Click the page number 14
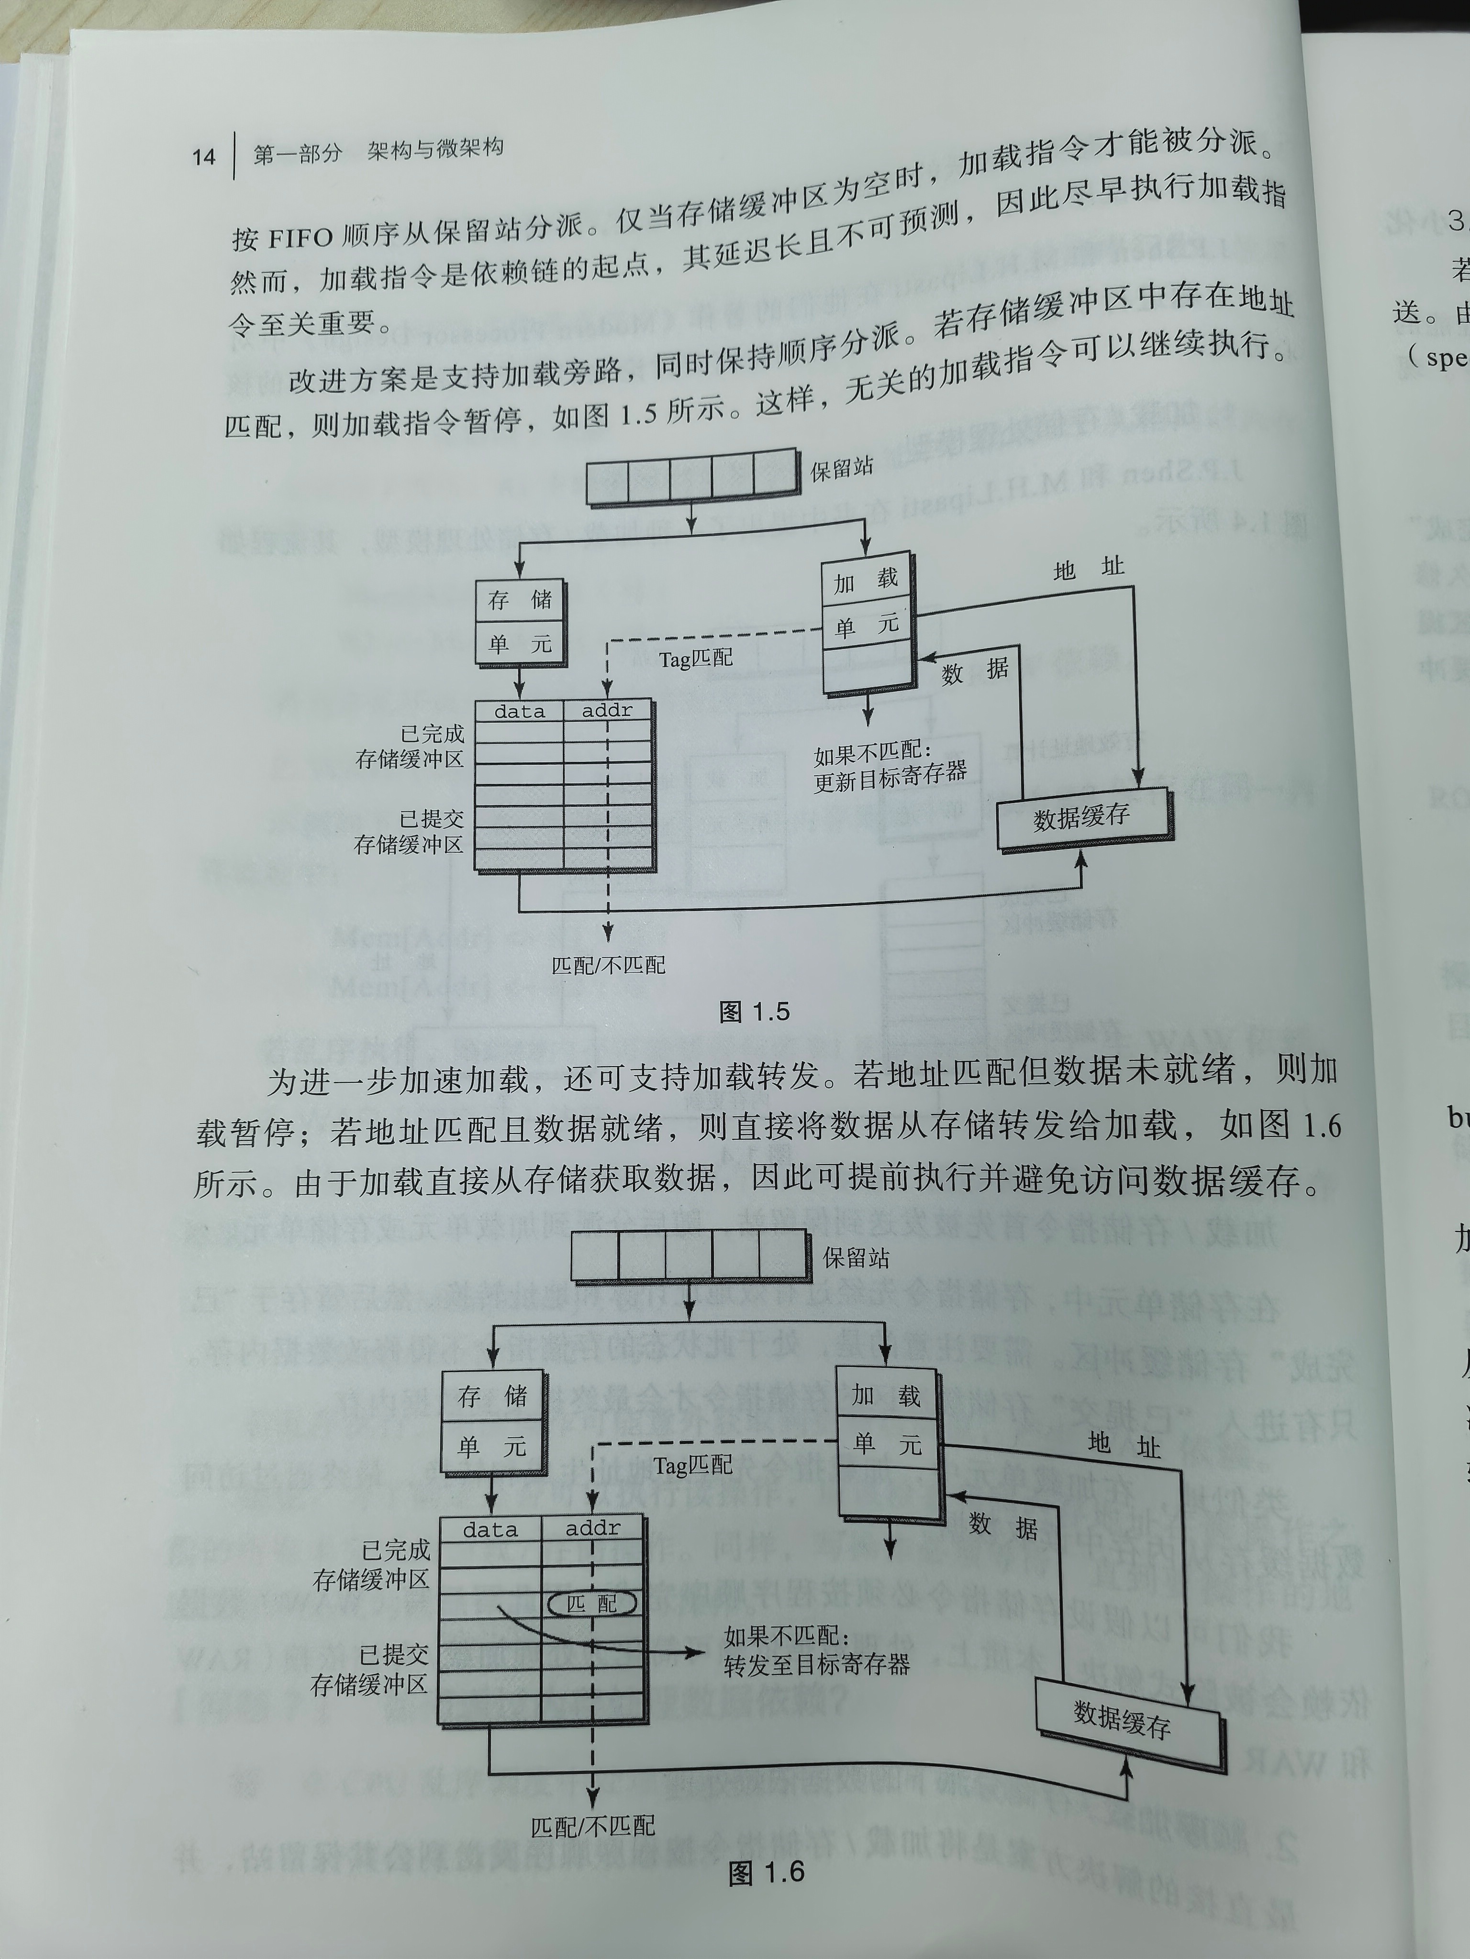coord(203,157)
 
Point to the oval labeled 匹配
coord(592,1603)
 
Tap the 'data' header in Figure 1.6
coord(490,1530)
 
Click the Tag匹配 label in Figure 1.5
coord(696,659)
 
